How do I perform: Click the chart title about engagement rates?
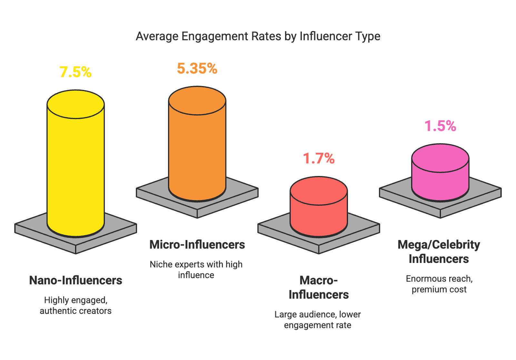tap(258, 36)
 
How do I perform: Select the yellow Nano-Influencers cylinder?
tap(76, 168)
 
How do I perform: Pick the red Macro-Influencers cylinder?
tap(319, 213)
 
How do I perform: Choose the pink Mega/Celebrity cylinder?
tap(440, 177)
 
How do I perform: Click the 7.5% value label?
tap(75, 72)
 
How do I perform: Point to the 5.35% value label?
tap(197, 69)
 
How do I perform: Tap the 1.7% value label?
tap(319, 159)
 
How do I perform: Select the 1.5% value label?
tap(440, 126)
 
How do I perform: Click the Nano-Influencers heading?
tap(76, 280)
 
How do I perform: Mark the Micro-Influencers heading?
tap(197, 245)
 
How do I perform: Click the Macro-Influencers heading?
tap(319, 287)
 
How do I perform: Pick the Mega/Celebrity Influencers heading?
tap(439, 252)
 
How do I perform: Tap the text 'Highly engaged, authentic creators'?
tap(76, 306)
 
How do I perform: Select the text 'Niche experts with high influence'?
tap(196, 270)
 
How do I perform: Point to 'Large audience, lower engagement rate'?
tap(318, 320)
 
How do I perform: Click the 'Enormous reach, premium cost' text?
tap(439, 284)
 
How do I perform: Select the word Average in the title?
tap(157, 36)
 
